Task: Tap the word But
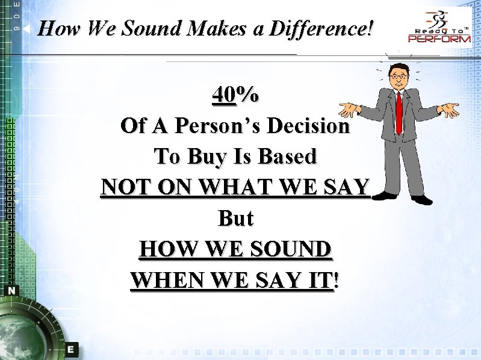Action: (x=235, y=219)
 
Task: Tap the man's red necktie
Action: (x=399, y=111)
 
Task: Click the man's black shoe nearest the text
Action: (x=384, y=195)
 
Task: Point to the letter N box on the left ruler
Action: (x=12, y=290)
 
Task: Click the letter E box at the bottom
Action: (x=71, y=349)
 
